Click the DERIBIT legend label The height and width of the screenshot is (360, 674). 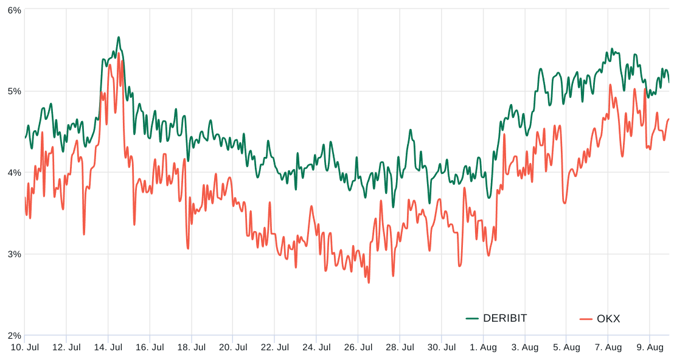point(505,318)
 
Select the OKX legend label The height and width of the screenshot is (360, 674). point(608,319)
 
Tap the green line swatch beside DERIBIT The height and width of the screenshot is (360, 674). point(473,318)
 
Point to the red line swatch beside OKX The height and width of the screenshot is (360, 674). point(586,319)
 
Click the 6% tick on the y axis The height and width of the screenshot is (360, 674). point(14,10)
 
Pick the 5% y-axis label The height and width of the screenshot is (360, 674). point(14,91)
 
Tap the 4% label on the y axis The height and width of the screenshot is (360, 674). point(14,173)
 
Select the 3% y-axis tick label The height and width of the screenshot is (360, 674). point(14,254)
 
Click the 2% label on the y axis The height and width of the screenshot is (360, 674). point(14,335)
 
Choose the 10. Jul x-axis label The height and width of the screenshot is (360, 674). point(24,347)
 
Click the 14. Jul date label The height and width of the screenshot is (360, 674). point(108,347)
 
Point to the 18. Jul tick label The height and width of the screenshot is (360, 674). point(191,347)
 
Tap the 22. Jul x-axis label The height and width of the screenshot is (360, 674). point(274,347)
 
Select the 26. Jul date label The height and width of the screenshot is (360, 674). point(358,347)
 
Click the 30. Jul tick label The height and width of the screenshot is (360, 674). point(441,347)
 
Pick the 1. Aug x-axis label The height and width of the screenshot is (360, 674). point(483,347)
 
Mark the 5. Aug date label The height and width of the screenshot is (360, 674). point(566,347)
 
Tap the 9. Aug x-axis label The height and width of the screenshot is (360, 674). point(650,347)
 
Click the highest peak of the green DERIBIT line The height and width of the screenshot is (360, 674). point(119,37)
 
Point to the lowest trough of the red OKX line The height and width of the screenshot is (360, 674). point(369,282)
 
